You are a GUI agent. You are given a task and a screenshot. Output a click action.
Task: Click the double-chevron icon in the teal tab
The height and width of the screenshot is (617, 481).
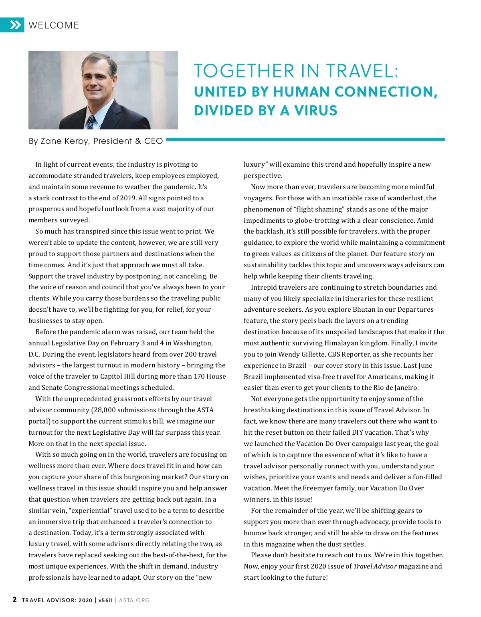click(x=15, y=25)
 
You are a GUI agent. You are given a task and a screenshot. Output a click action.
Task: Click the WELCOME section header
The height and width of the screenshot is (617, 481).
click(x=54, y=25)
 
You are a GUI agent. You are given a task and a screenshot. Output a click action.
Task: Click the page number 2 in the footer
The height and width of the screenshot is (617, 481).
click(x=15, y=600)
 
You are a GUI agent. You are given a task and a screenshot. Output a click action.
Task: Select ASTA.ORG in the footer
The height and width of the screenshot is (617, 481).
click(x=134, y=600)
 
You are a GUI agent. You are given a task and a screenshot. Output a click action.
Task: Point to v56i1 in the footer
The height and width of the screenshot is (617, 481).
click(x=105, y=600)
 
